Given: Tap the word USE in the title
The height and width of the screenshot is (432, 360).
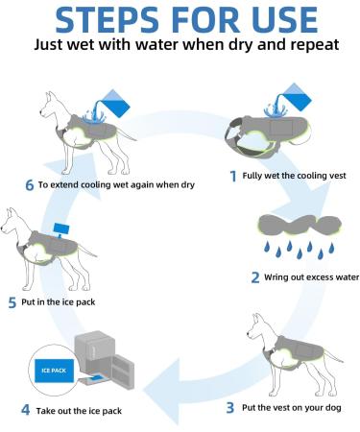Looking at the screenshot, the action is click(284, 20).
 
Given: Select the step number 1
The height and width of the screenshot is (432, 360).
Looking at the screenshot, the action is click(233, 176).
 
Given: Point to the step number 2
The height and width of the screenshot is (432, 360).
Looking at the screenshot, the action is click(255, 277).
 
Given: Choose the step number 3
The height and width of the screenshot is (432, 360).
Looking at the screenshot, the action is click(230, 408).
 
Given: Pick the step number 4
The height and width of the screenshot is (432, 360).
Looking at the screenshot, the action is click(26, 410).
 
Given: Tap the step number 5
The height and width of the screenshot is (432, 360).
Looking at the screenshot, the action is click(12, 302).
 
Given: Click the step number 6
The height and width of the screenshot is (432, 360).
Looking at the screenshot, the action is click(29, 185).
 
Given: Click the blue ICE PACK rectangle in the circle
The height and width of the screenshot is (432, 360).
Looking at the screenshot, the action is click(54, 371).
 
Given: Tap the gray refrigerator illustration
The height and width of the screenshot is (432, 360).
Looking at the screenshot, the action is click(104, 360).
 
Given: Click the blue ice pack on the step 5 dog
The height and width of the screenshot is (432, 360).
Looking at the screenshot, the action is click(61, 229).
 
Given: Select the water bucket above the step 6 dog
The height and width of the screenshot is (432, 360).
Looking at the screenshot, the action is click(116, 103).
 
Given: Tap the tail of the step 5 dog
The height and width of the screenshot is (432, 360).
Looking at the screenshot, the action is click(87, 251).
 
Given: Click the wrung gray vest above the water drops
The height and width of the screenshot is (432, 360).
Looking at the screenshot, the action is click(300, 227).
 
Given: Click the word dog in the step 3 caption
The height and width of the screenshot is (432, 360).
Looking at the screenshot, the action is click(333, 408).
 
